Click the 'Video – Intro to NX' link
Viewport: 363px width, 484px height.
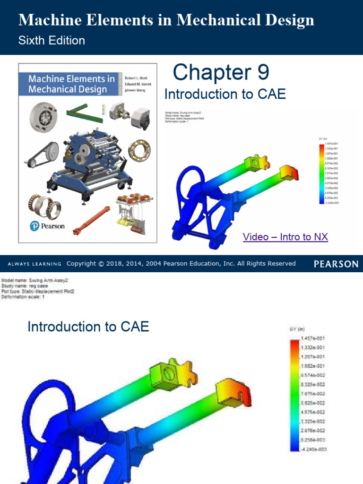(285, 237)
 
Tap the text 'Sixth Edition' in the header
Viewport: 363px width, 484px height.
(52, 41)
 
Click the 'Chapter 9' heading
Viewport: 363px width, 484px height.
(221, 72)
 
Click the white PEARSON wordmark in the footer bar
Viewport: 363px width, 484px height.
(336, 264)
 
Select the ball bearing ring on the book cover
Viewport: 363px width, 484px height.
(139, 150)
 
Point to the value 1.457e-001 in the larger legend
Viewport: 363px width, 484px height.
(313, 338)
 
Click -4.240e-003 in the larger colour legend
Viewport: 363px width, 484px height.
(312, 449)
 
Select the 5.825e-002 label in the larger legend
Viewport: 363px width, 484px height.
(313, 403)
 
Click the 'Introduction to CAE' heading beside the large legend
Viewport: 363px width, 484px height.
(88, 327)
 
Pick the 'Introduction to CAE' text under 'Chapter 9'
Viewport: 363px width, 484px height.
(225, 94)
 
